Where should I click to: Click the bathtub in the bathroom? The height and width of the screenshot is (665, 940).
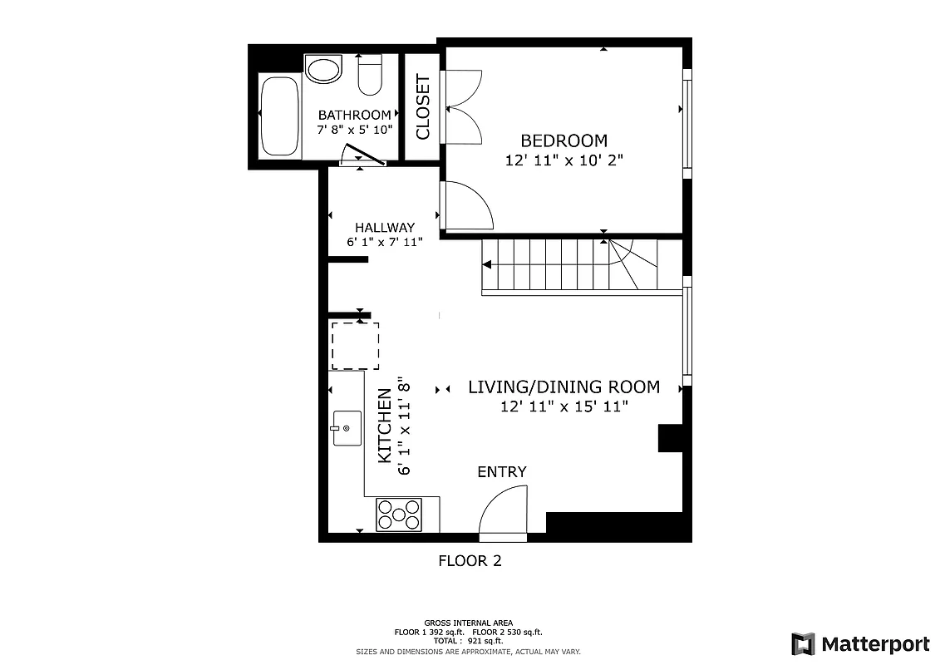tap(279, 116)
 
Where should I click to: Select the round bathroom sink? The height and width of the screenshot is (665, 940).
tap(323, 68)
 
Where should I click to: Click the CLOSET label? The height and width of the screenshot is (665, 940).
tap(423, 107)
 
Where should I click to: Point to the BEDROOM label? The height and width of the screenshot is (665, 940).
tap(564, 140)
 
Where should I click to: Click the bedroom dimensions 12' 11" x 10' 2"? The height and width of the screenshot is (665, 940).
tap(564, 160)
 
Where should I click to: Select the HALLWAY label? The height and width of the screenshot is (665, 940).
tap(384, 227)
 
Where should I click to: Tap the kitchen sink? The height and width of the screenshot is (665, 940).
tap(347, 428)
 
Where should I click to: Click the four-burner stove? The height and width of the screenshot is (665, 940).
tap(399, 515)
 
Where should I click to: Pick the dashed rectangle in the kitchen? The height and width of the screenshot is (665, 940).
tap(356, 346)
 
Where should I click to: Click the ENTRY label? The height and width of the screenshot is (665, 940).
tap(501, 472)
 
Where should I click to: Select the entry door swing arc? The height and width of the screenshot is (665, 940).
tap(503, 509)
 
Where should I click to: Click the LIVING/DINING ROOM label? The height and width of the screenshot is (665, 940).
tap(564, 387)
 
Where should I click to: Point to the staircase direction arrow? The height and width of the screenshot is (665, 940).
tap(487, 264)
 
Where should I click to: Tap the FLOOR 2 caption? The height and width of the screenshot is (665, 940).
tap(470, 561)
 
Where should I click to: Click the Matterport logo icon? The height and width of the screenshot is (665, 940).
tap(803, 644)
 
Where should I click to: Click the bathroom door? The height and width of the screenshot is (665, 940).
tap(362, 155)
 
